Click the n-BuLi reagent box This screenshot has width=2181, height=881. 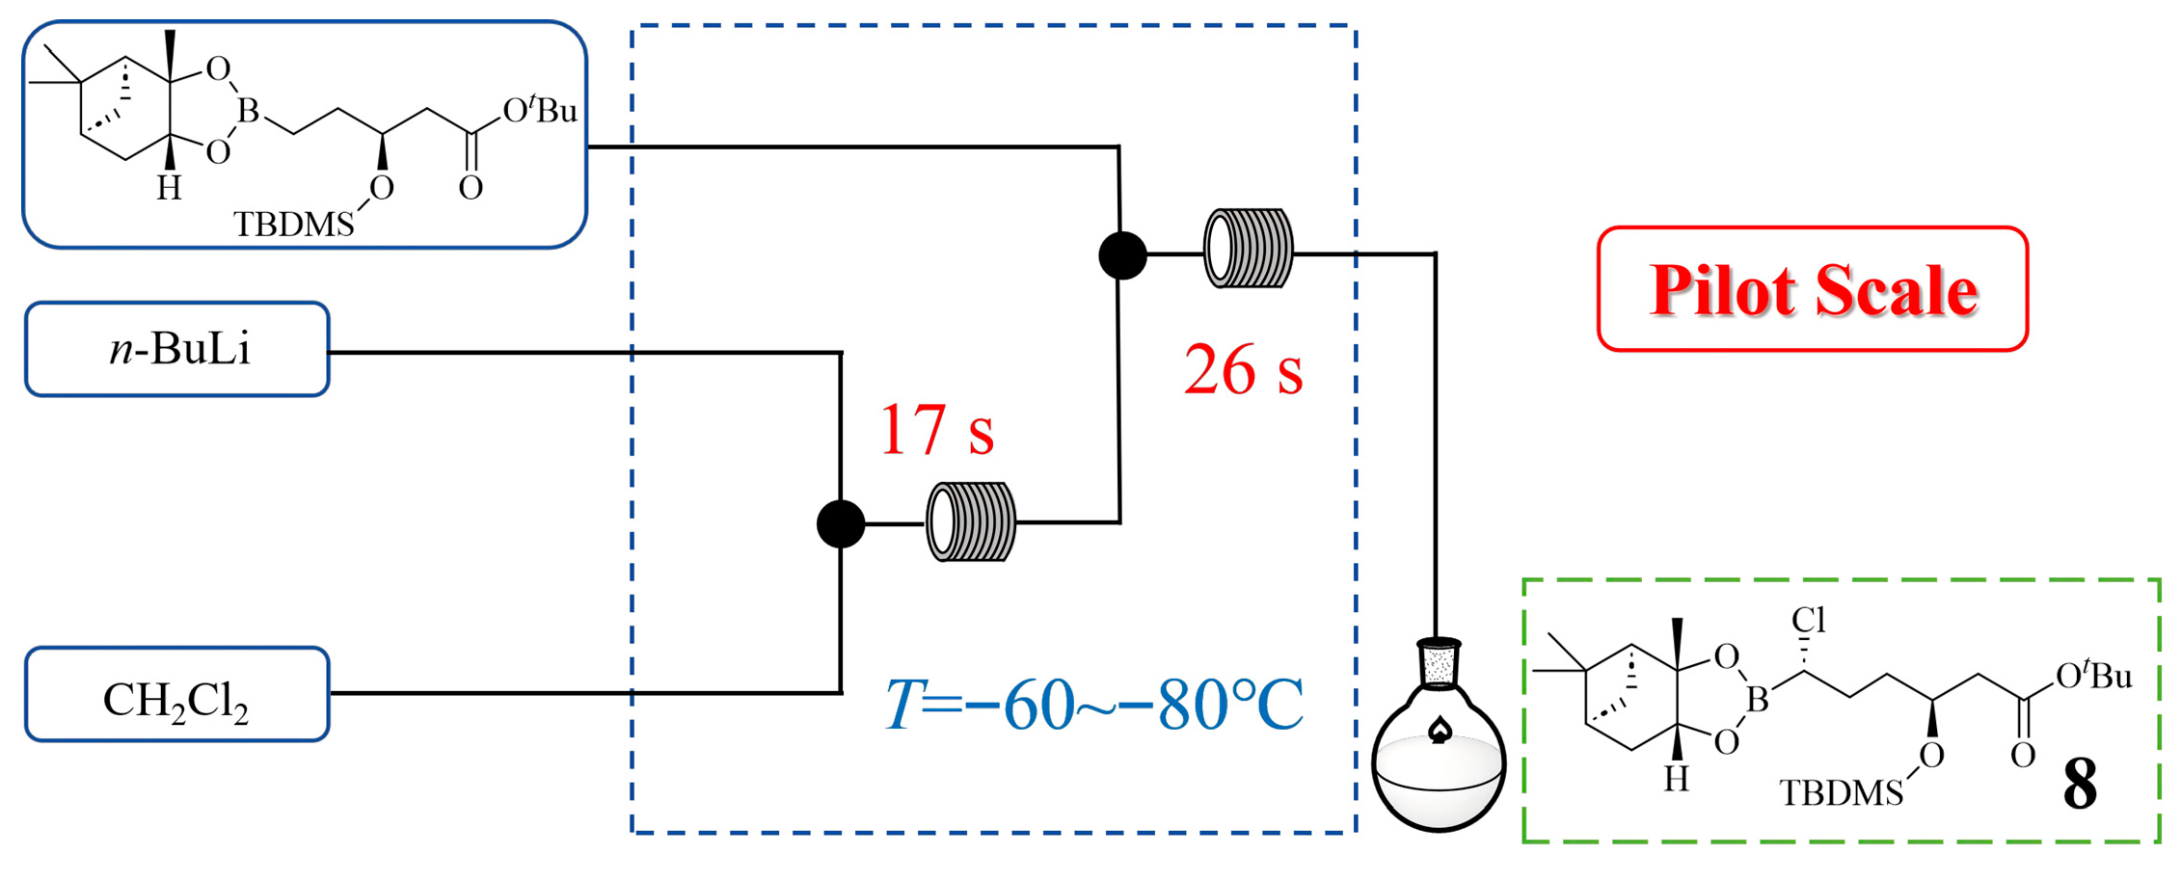tap(177, 349)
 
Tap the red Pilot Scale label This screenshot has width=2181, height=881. tap(1813, 289)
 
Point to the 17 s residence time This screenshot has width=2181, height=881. tap(935, 430)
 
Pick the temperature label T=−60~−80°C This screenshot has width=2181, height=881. tap(1094, 706)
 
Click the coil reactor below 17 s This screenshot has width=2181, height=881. tap(970, 521)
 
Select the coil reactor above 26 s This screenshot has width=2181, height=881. tap(1248, 249)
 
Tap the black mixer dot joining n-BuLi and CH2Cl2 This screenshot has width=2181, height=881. tap(841, 523)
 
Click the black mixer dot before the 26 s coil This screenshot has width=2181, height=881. tap(1122, 255)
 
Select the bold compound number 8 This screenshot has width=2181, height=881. tap(2079, 786)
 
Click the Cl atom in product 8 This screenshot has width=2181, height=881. tap(1809, 620)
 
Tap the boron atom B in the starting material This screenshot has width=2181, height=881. tap(249, 112)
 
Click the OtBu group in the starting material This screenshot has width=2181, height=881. tap(540, 110)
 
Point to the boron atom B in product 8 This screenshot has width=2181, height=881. tap(1757, 700)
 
